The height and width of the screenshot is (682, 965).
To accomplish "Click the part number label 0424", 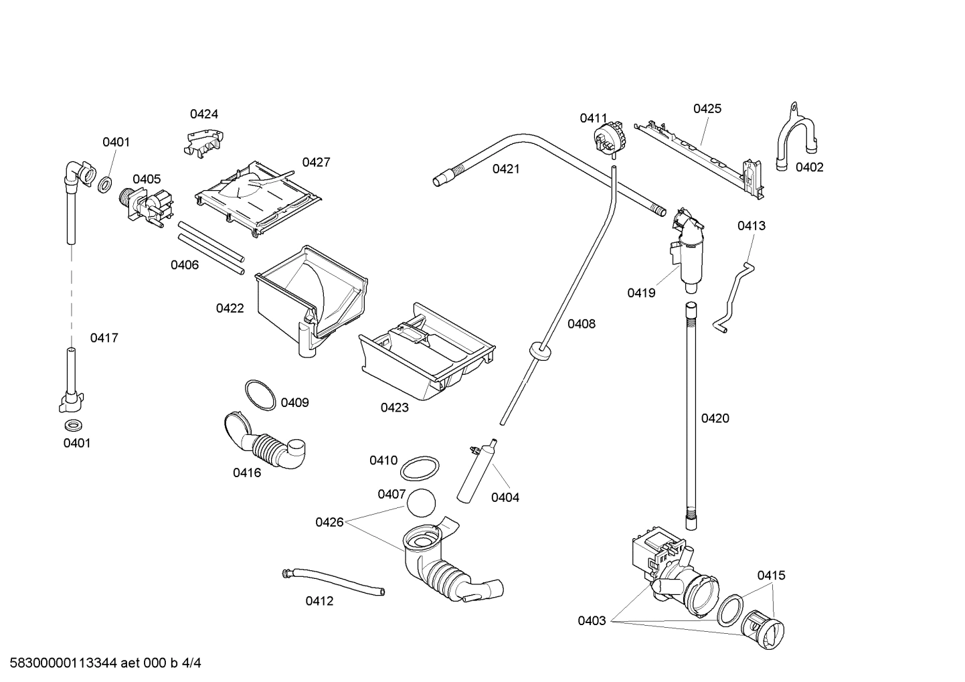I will pos(203,114).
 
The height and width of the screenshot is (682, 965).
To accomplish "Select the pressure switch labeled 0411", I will pos(608,138).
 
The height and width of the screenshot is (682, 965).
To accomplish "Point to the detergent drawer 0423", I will pos(427,355).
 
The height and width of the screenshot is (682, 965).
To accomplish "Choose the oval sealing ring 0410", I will pos(420,468).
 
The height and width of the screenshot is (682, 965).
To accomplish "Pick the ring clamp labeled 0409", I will pos(260,395).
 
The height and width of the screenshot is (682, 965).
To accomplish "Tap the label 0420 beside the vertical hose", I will pos(715,418).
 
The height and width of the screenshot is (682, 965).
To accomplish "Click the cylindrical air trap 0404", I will pos(476,473).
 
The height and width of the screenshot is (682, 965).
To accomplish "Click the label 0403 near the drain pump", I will pos(592,620).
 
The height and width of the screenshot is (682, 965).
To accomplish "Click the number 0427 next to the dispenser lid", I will pos(316,162).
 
